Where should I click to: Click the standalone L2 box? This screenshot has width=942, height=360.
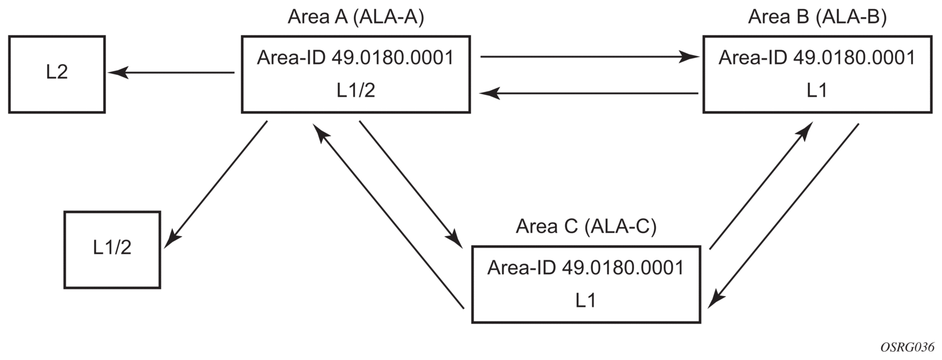click(57, 74)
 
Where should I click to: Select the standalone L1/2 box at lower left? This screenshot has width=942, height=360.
click(112, 249)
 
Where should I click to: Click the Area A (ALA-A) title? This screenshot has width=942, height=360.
click(356, 17)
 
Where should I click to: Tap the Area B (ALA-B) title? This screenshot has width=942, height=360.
click(817, 17)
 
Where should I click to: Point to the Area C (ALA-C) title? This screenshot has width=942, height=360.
click(586, 227)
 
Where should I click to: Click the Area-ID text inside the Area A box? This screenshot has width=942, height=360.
click(355, 57)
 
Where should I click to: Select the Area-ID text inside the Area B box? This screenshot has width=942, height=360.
click(817, 57)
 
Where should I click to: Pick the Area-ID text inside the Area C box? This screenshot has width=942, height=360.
click(586, 267)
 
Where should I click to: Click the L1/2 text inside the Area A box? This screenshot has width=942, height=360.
click(355, 90)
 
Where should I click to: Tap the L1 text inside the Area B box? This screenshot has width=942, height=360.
click(817, 90)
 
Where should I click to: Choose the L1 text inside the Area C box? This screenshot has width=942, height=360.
click(586, 300)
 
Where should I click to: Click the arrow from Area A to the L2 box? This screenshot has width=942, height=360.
click(172, 72)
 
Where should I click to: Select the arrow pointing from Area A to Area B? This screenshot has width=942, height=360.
click(589, 57)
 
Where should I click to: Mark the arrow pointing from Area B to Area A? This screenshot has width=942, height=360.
click(589, 94)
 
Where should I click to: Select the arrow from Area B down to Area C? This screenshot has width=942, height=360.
click(784, 214)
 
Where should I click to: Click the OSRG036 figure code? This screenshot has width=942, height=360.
click(907, 348)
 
